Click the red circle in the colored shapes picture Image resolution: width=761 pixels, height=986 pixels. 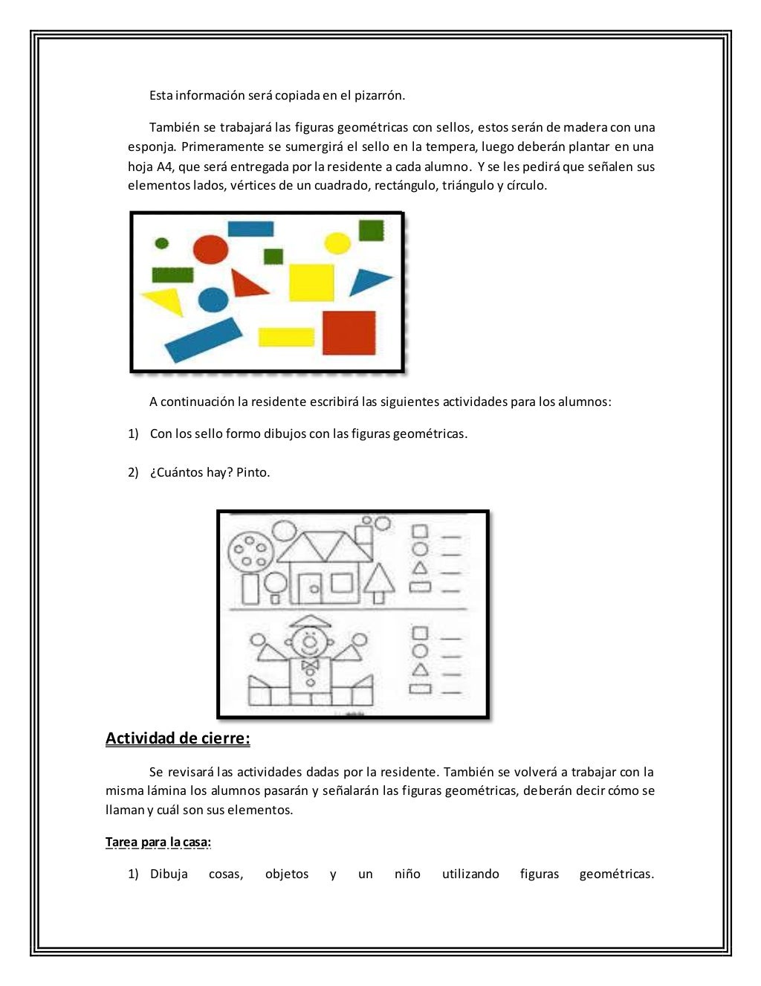[210, 249]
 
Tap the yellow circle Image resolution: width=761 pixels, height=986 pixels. [337, 242]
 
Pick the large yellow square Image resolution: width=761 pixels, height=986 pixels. [311, 283]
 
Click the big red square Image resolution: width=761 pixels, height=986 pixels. [349, 332]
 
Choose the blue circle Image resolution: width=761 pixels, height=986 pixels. [213, 300]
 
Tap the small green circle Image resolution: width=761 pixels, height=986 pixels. [161, 243]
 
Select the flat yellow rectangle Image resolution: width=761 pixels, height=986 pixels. [286, 337]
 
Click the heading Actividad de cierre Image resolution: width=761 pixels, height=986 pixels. [178, 738]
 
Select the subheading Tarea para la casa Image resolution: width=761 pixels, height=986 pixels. [158, 842]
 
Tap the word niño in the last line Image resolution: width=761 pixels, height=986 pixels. [407, 874]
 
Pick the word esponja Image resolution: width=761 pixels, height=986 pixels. [152, 146]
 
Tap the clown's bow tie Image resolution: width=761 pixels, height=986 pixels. [309, 664]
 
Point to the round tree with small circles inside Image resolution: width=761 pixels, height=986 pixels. [249, 551]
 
